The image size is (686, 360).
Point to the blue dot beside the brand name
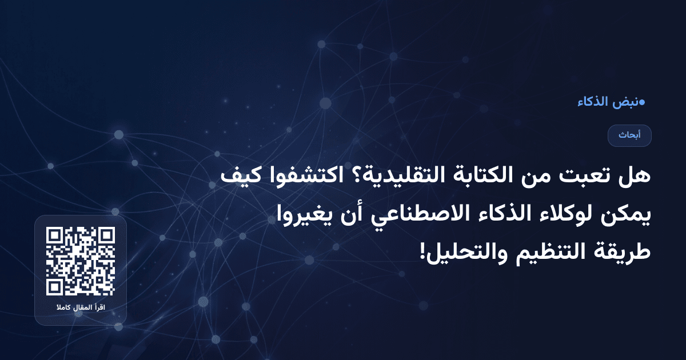click(642, 102)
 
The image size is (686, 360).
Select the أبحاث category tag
click(629, 135)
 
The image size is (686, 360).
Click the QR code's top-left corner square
click(54, 235)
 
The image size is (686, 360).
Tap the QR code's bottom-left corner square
click(54, 288)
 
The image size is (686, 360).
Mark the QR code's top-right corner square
click(106, 235)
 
